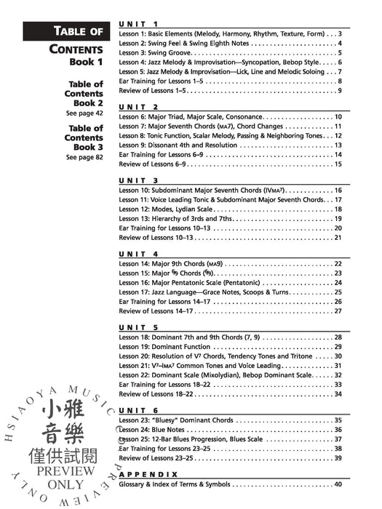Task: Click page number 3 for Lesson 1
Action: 340,34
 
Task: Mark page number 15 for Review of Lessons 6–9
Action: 338,164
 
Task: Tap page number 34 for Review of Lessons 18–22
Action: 337,394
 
